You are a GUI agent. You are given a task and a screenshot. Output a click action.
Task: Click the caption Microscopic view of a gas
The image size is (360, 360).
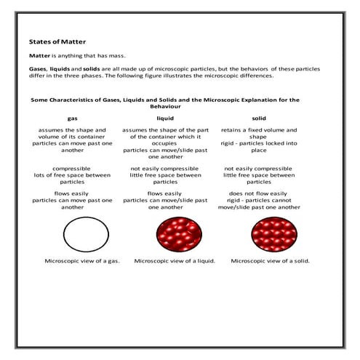point(82,260)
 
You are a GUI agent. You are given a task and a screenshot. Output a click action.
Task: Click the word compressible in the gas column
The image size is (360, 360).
point(72,168)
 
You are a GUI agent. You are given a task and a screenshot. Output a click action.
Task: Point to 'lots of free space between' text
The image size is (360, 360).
point(72,175)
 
